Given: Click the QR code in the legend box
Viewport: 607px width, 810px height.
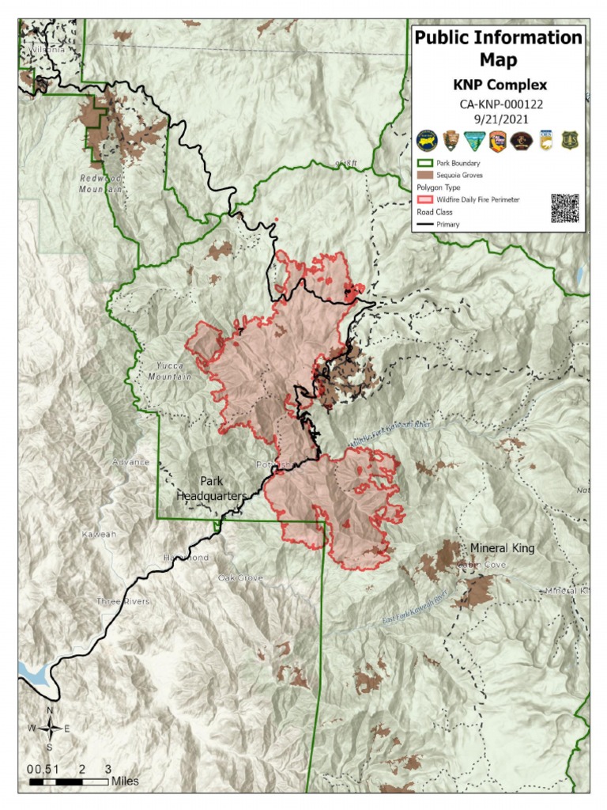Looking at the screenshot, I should point(564,208).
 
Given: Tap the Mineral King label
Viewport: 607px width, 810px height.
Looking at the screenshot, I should point(502,548).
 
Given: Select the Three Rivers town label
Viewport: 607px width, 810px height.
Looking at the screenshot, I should point(123,601).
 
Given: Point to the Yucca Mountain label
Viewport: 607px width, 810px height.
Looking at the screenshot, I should point(170,372).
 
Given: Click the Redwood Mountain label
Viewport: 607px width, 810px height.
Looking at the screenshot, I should point(101,184).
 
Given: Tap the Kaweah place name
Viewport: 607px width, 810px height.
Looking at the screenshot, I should point(99,535).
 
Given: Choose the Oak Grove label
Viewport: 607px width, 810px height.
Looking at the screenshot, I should point(240,578).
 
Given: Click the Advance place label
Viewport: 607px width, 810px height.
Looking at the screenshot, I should point(130,462).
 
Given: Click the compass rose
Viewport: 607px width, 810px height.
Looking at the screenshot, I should point(50,729).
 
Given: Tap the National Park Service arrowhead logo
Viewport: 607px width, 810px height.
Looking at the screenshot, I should point(451,140).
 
